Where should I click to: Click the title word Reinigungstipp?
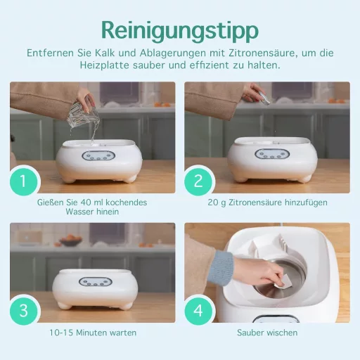click(x=179, y=30)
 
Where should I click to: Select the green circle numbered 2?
click(x=198, y=181)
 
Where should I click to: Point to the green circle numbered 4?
click(x=198, y=310)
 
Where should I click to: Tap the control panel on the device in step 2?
click(x=268, y=154)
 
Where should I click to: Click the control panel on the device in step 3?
click(x=93, y=282)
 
